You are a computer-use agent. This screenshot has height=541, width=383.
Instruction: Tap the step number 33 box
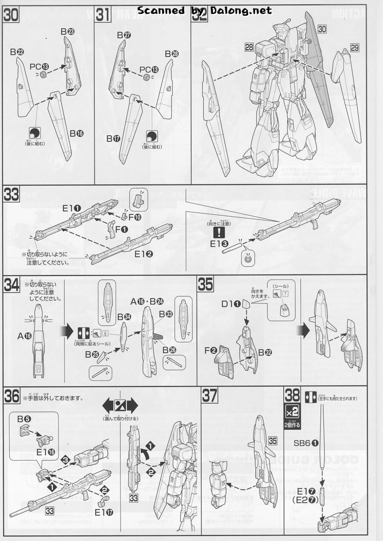[x=11, y=195]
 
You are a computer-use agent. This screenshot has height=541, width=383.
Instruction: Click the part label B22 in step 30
[x=17, y=52]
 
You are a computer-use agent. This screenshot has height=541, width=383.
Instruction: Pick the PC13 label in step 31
[x=149, y=69]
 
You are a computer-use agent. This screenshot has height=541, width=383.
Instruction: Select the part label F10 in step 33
[x=134, y=217]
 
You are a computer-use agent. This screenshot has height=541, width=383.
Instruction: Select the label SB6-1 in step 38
[x=306, y=442]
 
